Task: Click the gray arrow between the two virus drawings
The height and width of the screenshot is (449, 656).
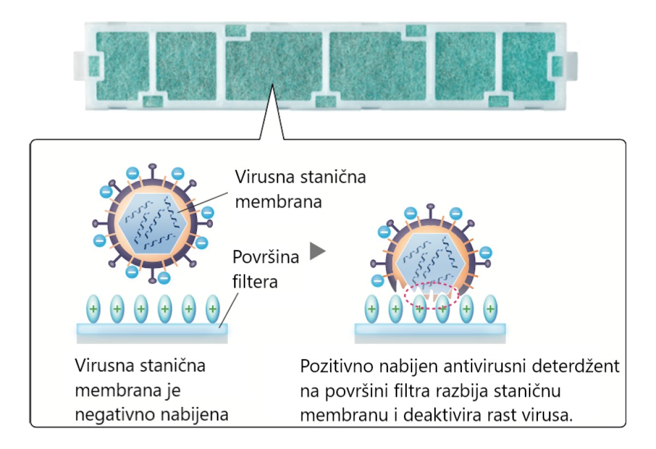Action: [317, 251]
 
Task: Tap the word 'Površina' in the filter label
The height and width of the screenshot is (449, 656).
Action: [266, 257]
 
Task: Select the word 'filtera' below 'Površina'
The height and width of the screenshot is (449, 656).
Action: [255, 282]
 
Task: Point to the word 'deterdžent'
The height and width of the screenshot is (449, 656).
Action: [576, 366]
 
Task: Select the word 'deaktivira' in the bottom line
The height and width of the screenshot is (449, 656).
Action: [442, 415]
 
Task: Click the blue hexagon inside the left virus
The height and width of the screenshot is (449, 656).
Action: [153, 224]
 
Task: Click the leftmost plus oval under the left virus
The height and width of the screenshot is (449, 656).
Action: [93, 309]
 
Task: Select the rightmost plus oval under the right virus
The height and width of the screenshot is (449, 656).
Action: [490, 309]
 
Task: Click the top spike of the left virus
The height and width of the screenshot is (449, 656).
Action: [153, 171]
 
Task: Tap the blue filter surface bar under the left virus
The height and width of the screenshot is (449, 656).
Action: [152, 329]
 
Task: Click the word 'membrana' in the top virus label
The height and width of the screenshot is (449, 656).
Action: [278, 202]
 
